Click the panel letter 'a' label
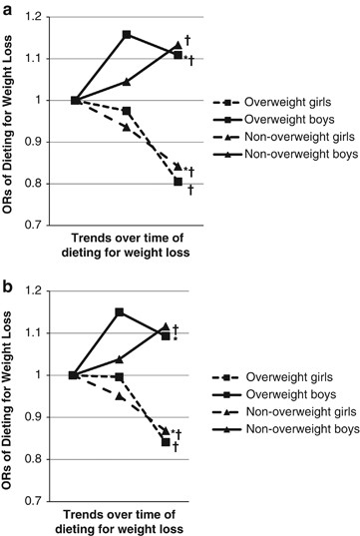point(8,9)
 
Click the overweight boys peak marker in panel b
point(121,312)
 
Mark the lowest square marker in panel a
point(178,182)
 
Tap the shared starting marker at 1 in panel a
point(76,100)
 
